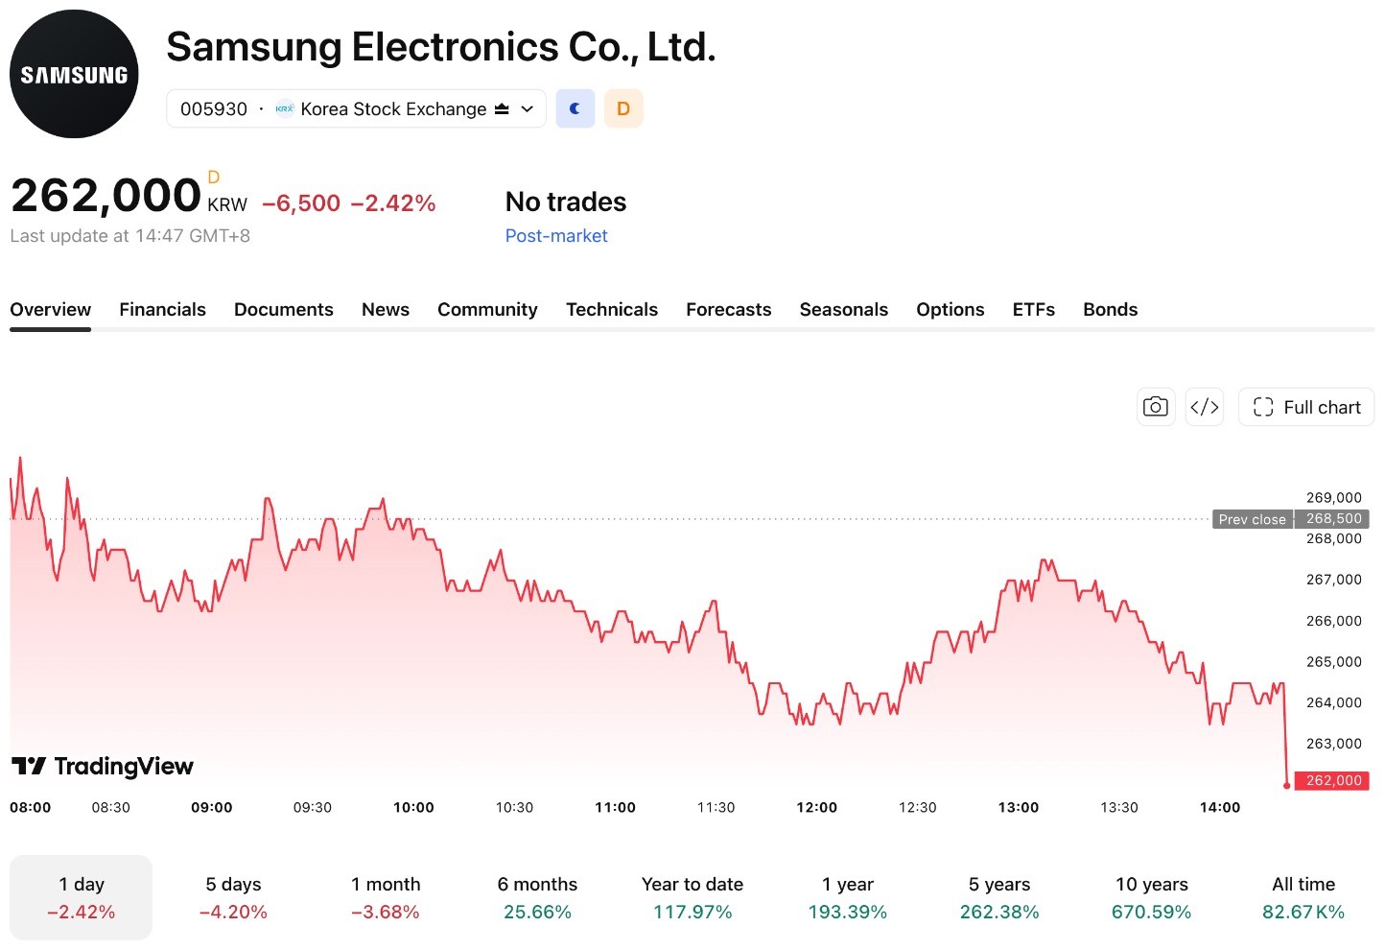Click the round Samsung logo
[74, 74]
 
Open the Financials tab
[162, 309]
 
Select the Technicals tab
[612, 309]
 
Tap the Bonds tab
[1110, 309]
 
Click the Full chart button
[1305, 407]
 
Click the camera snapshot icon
[1155, 407]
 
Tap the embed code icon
[1205, 407]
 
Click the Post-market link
[556, 236]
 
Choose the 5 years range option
[999, 898]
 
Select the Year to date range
[692, 898]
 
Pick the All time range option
[1303, 898]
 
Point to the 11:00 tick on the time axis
[615, 807]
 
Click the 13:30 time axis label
[1119, 807]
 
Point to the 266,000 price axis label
[1333, 621]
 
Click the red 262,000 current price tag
[1331, 780]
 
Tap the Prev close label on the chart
[1252, 519]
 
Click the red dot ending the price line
[1287, 786]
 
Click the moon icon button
[575, 108]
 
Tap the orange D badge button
[623, 108]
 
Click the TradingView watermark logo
[103, 767]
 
